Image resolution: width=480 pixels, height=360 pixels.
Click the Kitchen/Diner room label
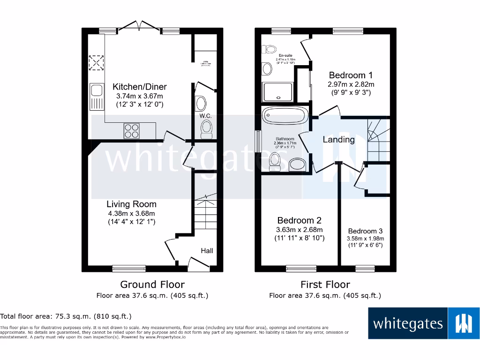pos(140,87)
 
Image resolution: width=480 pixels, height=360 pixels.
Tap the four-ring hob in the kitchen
pos(132,130)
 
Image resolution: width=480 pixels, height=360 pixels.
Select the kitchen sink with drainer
pos(97,96)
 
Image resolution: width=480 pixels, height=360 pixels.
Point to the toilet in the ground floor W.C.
pos(206,128)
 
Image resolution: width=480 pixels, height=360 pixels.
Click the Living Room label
pos(131,204)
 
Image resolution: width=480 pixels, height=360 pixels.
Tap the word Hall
pos(207,251)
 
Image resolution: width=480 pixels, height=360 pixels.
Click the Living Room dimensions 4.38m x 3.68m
pos(131,213)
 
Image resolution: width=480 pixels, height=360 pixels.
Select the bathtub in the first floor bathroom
pos(285,115)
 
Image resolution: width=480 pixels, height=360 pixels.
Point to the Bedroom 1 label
pos(351,75)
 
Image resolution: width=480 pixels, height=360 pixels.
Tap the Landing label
pos(338,139)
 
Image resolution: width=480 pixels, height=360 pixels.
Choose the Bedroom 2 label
pos(299,220)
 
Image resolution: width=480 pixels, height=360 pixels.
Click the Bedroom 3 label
pos(365,231)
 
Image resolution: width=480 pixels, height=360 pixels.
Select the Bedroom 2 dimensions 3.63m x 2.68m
pos(299,230)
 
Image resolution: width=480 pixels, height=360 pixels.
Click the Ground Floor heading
pos(152,285)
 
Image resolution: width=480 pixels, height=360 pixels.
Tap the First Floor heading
pos(325,285)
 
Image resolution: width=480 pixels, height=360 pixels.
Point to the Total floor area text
pos(66,316)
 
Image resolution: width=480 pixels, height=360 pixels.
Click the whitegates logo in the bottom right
pos(424,323)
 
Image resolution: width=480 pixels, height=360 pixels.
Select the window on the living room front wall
pos(129,269)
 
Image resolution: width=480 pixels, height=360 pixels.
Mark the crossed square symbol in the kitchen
pos(97,63)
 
